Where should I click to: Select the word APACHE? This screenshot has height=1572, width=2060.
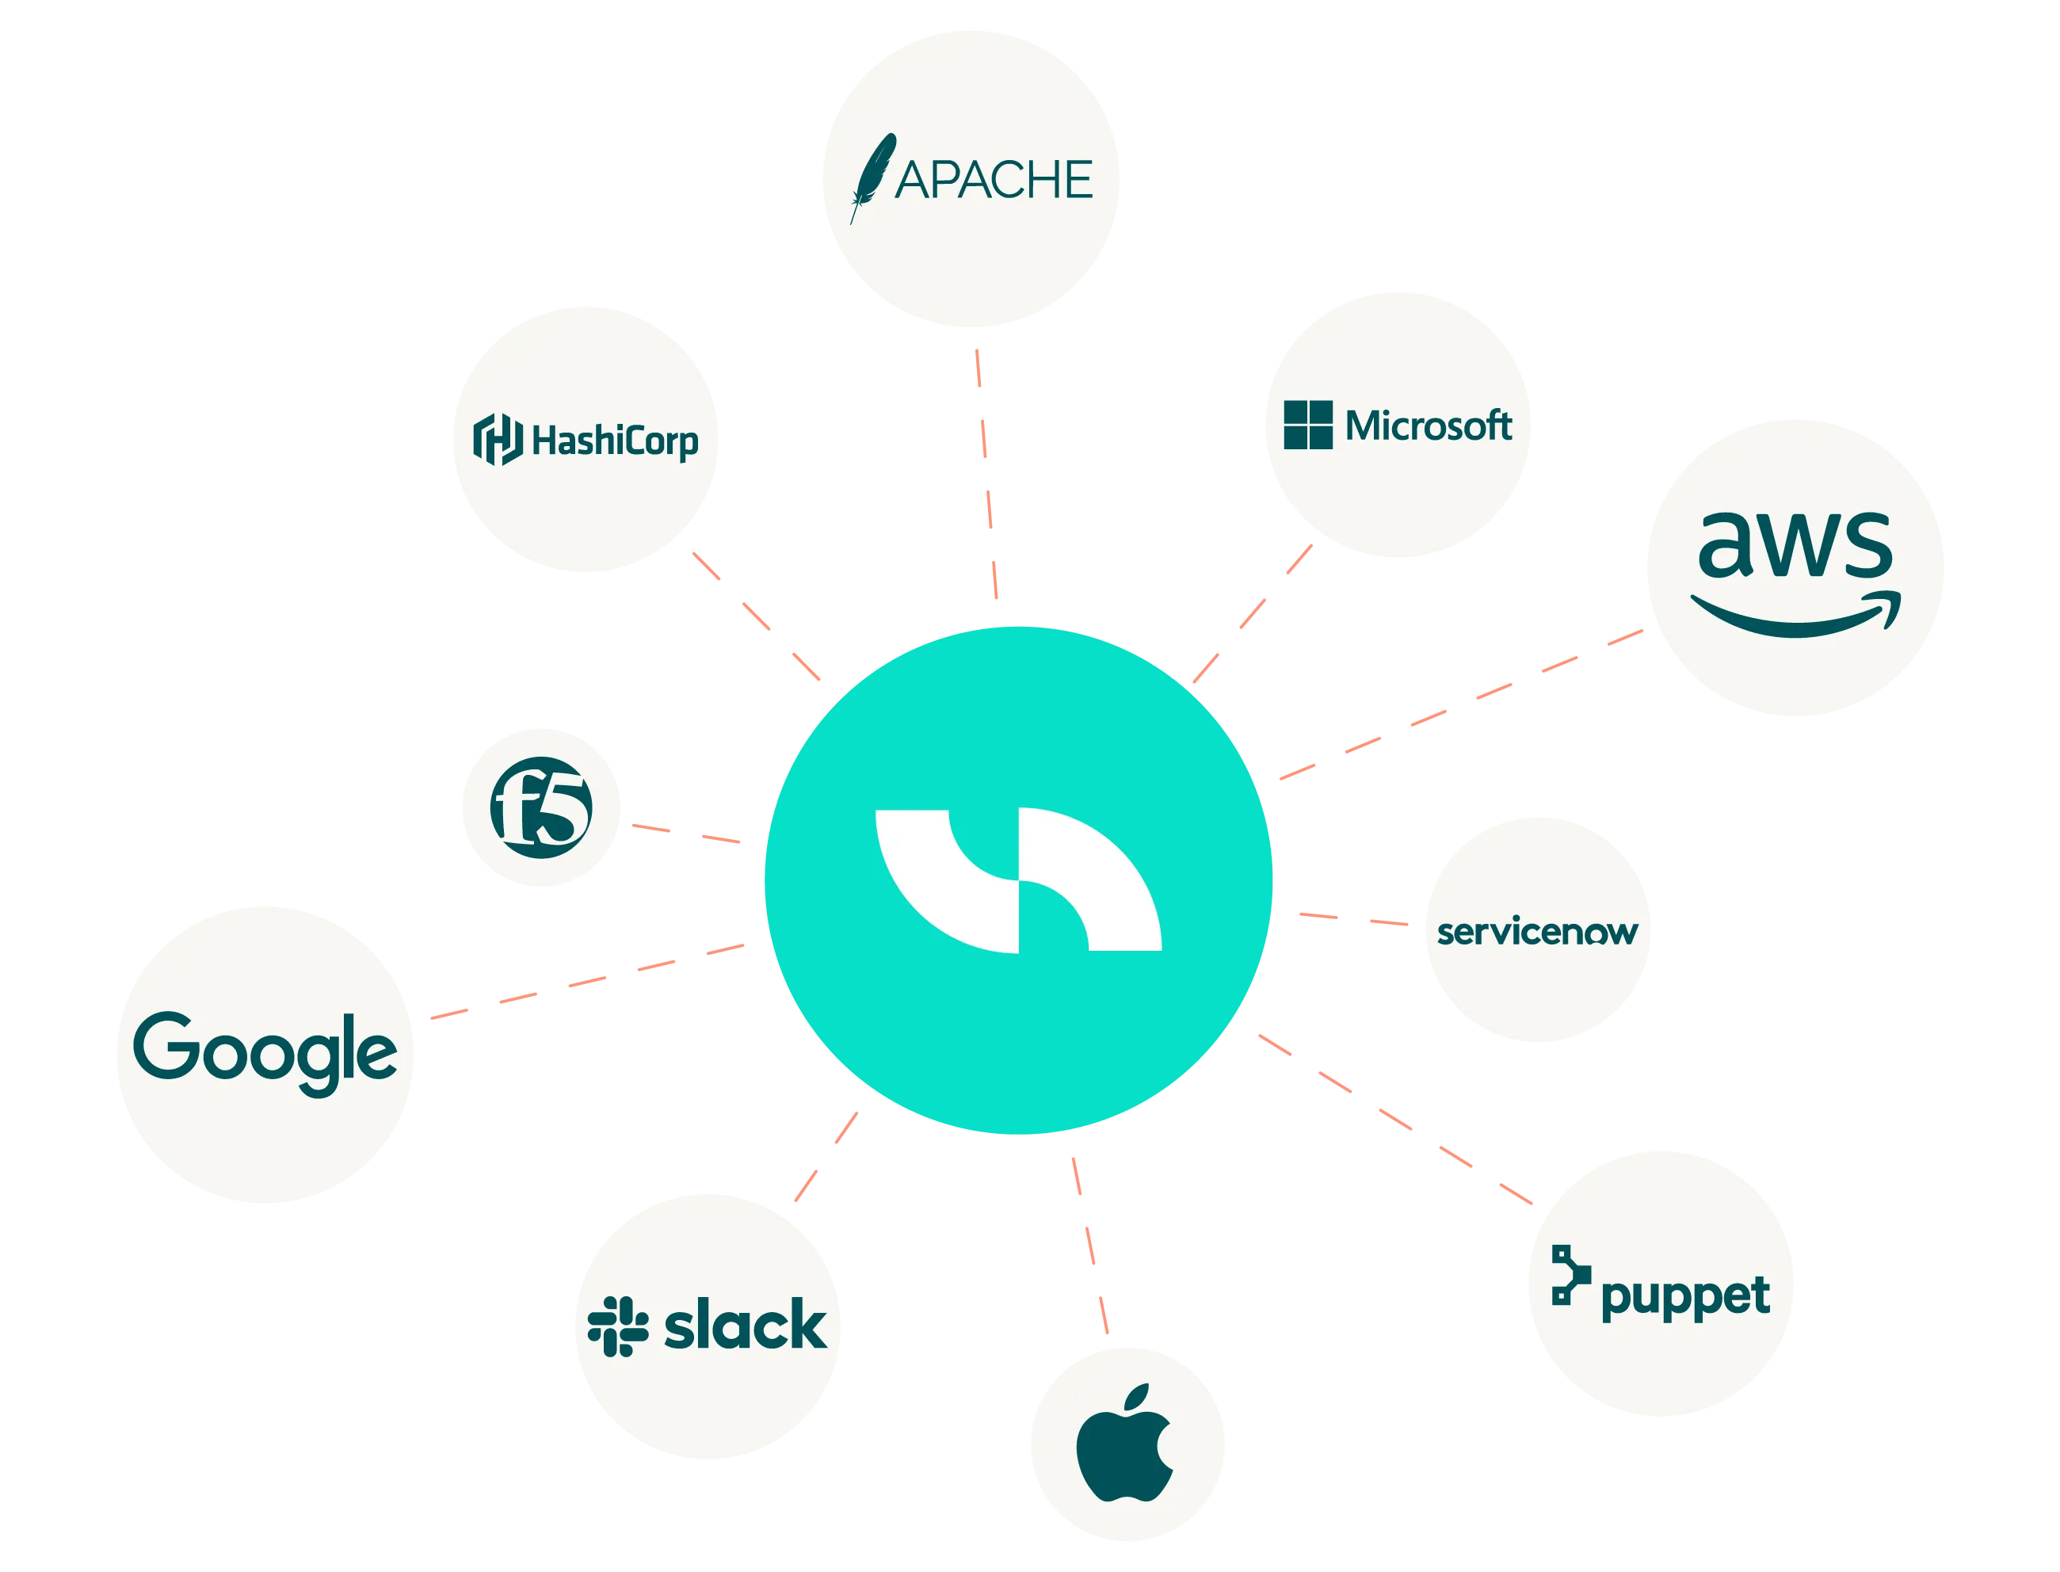[994, 180]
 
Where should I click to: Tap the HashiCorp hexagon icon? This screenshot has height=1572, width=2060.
[498, 439]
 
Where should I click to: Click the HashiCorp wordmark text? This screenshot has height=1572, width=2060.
[615, 441]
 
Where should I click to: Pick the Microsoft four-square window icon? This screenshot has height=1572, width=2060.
[1308, 425]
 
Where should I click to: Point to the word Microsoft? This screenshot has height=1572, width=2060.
[1429, 425]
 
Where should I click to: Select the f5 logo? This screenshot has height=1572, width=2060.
[540, 807]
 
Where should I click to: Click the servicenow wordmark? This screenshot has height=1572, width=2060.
[1537, 932]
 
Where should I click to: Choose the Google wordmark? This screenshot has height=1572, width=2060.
[265, 1054]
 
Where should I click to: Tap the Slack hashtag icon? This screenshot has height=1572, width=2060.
[617, 1326]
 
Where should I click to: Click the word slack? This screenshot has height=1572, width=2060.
[745, 1325]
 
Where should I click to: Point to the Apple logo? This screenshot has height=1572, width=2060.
[1123, 1442]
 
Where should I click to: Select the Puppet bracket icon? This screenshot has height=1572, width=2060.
[1570, 1274]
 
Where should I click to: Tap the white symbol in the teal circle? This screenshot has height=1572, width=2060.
[1018, 880]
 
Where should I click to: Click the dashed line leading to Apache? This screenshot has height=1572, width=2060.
[986, 474]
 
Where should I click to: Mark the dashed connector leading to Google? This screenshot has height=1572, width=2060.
[588, 982]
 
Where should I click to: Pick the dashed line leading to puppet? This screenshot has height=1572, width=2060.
[1396, 1119]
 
